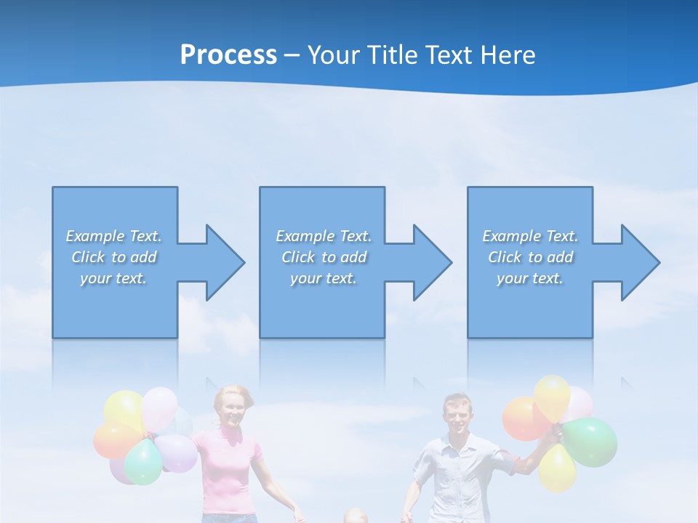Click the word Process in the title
228,55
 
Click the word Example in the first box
95,236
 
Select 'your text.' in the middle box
323,278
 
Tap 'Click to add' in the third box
530,257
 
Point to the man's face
457,416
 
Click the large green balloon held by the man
591,441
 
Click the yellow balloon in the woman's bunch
123,409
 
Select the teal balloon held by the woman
143,462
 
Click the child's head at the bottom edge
354,516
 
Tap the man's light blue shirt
454,472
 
